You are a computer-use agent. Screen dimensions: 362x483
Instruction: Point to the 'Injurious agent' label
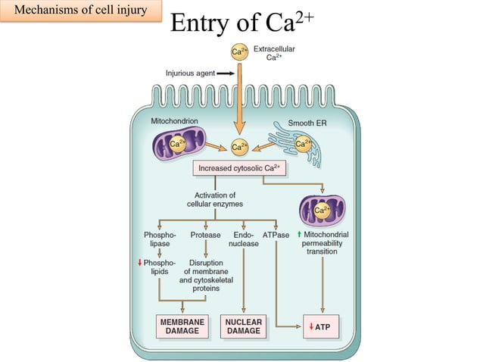(189, 73)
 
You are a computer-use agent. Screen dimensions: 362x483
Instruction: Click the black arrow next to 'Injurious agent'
(226, 73)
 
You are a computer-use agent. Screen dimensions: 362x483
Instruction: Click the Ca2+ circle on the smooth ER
(303, 144)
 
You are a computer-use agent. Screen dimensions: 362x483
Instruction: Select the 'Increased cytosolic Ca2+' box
(240, 167)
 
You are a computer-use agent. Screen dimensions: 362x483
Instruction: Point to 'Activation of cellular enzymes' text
(215, 199)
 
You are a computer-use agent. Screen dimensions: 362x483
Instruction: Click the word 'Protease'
(205, 235)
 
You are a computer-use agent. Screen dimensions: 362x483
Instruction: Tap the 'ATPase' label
(276, 235)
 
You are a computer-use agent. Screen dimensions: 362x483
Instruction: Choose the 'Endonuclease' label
(244, 239)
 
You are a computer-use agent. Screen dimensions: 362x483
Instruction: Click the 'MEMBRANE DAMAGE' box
(182, 326)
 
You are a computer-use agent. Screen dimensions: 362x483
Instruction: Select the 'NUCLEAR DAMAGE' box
(244, 326)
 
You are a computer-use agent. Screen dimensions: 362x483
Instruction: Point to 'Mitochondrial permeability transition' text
(322, 243)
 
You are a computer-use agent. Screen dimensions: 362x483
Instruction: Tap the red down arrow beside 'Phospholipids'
(139, 262)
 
